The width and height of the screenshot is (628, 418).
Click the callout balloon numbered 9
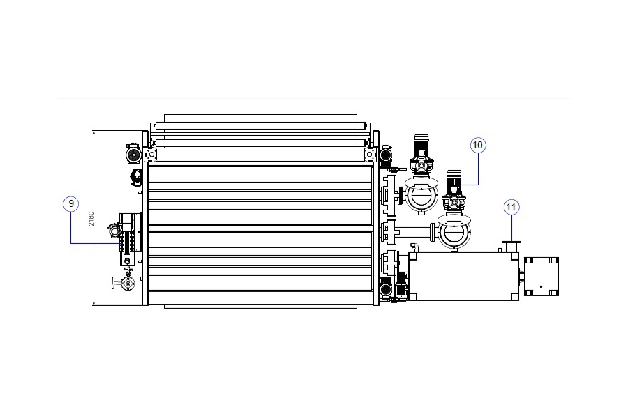click(x=71, y=203)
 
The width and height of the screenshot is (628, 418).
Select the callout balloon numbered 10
click(x=478, y=145)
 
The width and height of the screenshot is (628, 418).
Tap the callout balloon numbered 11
click(x=511, y=207)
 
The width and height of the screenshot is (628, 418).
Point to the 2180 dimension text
click(x=91, y=218)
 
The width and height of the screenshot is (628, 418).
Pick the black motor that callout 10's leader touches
click(x=454, y=182)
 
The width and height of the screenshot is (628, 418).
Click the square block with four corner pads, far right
click(x=541, y=277)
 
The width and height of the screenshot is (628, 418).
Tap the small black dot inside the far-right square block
click(x=541, y=286)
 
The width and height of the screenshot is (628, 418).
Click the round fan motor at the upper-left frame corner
click(x=133, y=155)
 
